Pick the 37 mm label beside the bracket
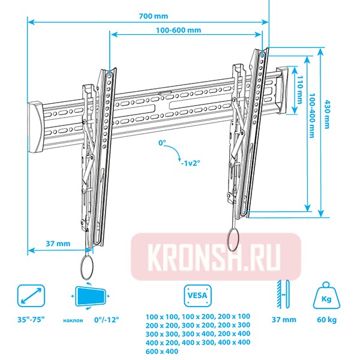(58, 244)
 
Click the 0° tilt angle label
(161, 143)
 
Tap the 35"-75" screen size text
(31, 320)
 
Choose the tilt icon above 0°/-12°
(90, 296)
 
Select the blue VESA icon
(196, 295)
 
